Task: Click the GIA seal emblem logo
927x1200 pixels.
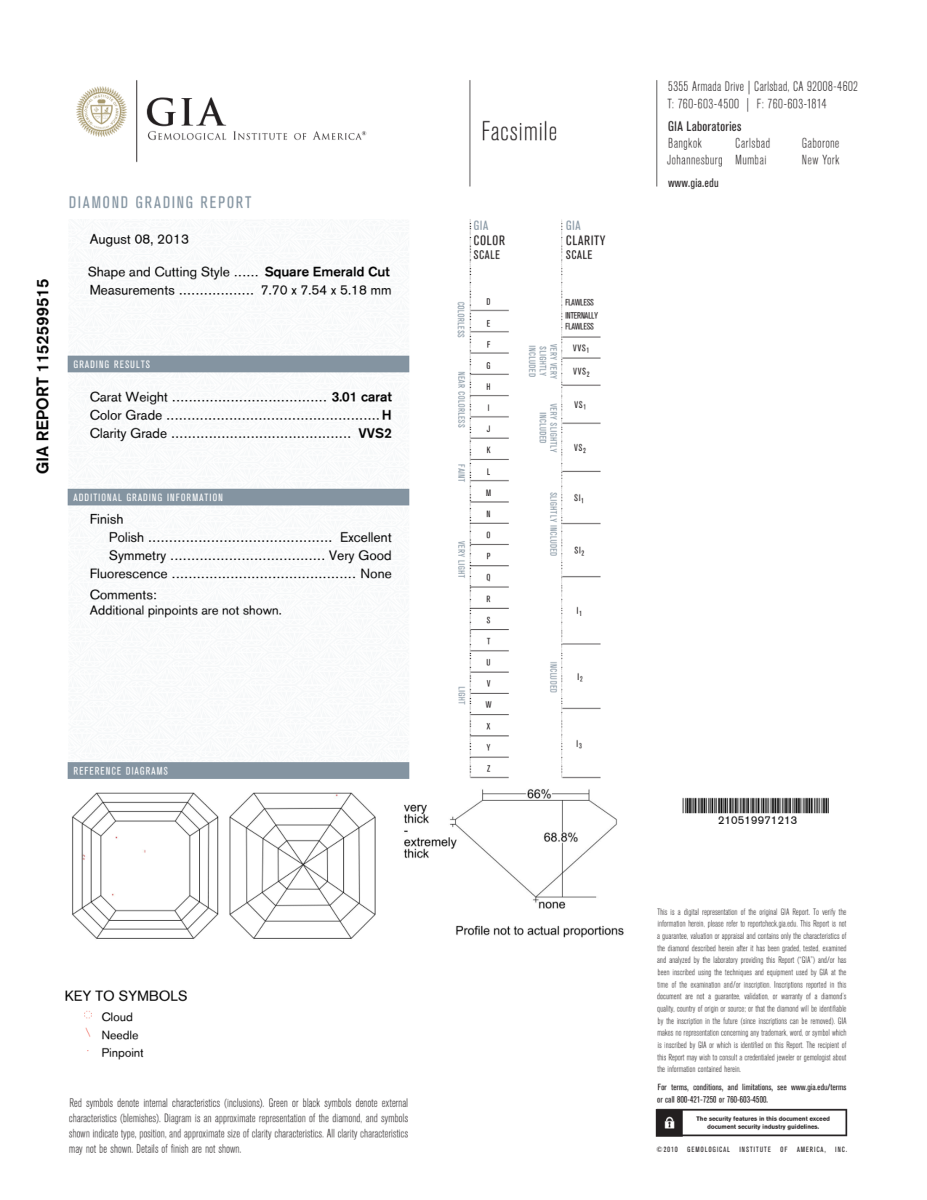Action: (x=101, y=112)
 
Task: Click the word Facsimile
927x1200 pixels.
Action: (x=519, y=132)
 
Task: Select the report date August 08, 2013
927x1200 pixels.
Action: (x=139, y=240)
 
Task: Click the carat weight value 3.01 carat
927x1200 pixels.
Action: (x=361, y=397)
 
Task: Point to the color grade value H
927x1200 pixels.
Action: (x=386, y=416)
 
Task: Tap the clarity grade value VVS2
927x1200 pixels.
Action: (x=375, y=434)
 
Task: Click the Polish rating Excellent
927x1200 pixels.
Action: (x=366, y=537)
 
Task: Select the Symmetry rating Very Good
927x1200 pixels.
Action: (x=360, y=556)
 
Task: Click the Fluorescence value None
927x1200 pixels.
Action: (x=376, y=574)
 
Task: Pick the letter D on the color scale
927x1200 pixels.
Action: (x=488, y=302)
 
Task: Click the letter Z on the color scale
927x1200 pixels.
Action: (x=488, y=769)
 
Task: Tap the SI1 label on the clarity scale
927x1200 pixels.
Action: (x=579, y=499)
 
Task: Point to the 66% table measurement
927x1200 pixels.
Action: (x=538, y=794)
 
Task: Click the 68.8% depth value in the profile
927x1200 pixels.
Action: (x=561, y=837)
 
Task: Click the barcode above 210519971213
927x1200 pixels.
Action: (x=756, y=806)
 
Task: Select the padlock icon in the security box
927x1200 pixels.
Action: (x=669, y=1123)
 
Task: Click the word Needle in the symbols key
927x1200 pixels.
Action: (x=120, y=1035)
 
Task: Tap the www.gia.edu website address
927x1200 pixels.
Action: (x=693, y=183)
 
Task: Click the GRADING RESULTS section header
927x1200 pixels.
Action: (x=112, y=364)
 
